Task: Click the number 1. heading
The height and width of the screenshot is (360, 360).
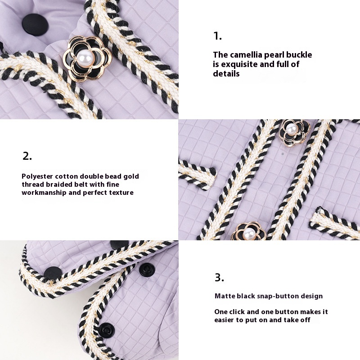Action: coord(217,36)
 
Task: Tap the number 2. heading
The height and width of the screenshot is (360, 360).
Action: coord(27,156)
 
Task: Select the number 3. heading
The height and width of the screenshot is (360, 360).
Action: coord(219,277)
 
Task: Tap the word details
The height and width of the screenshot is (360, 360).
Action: coord(226,74)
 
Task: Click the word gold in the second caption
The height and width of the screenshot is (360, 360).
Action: coord(131,176)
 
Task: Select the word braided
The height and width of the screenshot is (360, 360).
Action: coord(59,184)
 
